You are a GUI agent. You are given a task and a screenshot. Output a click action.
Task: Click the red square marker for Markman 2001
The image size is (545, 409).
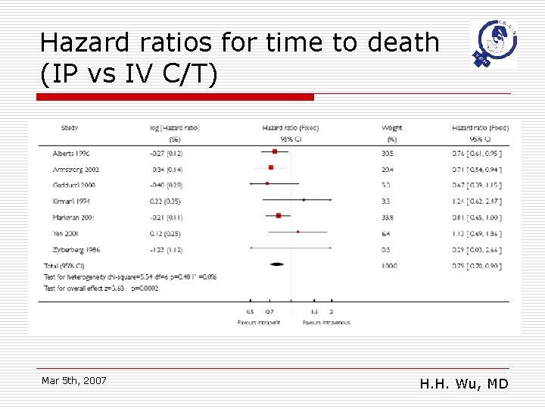(x=279, y=216)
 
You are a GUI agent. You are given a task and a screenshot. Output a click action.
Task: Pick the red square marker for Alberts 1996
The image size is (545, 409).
(x=275, y=152)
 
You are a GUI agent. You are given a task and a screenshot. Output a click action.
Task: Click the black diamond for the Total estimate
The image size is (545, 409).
(x=277, y=264)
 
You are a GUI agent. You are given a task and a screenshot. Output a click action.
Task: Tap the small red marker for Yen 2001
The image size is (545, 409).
(x=298, y=232)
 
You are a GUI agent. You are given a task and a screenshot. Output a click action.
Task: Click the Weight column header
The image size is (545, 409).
(x=392, y=128)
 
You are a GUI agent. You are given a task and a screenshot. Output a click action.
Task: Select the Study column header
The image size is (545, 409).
(x=70, y=128)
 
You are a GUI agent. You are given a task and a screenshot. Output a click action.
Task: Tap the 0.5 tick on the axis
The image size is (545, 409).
(x=251, y=311)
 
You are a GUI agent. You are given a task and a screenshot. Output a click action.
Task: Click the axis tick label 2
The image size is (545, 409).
(x=332, y=311)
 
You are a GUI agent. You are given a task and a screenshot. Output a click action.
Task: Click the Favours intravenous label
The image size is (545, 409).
(x=326, y=322)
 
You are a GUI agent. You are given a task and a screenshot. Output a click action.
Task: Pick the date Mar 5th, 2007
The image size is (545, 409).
(x=74, y=380)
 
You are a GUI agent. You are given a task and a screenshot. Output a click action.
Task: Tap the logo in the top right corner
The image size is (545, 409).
(x=493, y=44)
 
